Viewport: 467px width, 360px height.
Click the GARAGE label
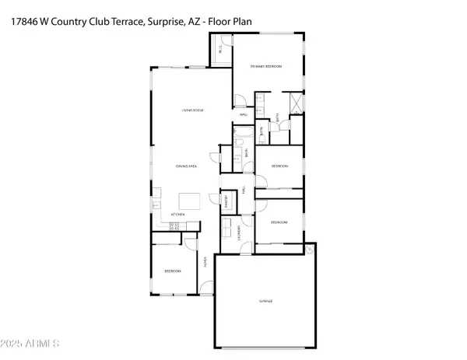point(266,301)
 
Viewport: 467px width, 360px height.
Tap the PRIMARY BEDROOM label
point(266,68)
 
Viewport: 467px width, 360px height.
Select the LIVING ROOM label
point(192,111)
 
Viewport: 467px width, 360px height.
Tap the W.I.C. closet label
point(220,51)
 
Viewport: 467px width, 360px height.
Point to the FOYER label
point(205,262)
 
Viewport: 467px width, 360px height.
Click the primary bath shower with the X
point(296,103)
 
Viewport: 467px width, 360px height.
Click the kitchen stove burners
point(174,225)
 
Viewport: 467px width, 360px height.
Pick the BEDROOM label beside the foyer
point(172,271)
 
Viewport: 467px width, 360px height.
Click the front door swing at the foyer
point(205,288)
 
